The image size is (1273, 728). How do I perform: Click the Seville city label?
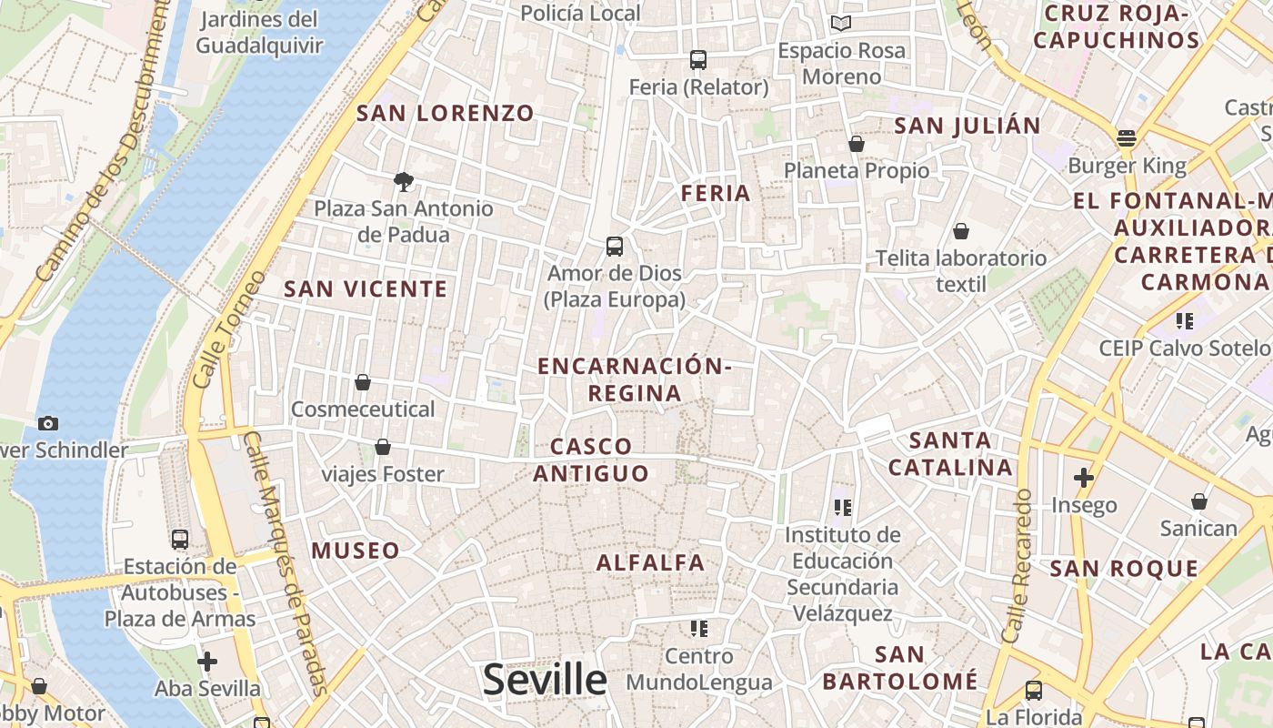545,680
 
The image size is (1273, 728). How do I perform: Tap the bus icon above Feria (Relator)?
698,60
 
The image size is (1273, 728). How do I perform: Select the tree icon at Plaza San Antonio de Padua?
403,182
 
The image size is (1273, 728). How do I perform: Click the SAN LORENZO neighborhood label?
446,114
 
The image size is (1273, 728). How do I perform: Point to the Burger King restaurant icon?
1127,138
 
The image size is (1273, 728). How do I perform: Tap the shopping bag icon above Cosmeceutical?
363,382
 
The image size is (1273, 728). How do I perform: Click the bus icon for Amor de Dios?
615,247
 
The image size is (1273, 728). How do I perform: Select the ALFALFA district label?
651,563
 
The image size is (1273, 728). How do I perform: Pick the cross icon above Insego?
1084,477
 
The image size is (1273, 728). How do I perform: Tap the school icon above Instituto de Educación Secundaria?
842,507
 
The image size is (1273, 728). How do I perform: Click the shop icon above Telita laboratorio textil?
961,232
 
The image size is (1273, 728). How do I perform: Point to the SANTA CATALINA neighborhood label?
950,454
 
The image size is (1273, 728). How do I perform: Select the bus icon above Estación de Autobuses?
180,539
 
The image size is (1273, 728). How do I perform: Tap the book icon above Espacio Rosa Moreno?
841,23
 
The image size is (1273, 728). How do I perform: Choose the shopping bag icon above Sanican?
1199,501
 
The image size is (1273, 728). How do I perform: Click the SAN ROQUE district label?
1124,570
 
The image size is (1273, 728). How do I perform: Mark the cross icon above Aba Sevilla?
207,662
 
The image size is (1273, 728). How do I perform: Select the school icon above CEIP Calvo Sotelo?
1184,320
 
